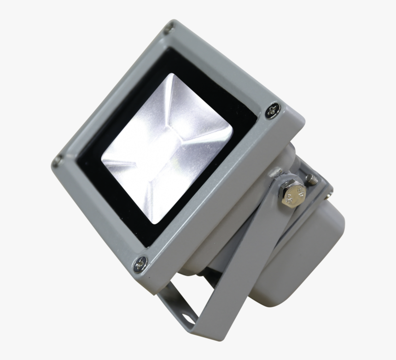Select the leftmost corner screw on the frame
point(58,160)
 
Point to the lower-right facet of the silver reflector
point(203,171)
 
